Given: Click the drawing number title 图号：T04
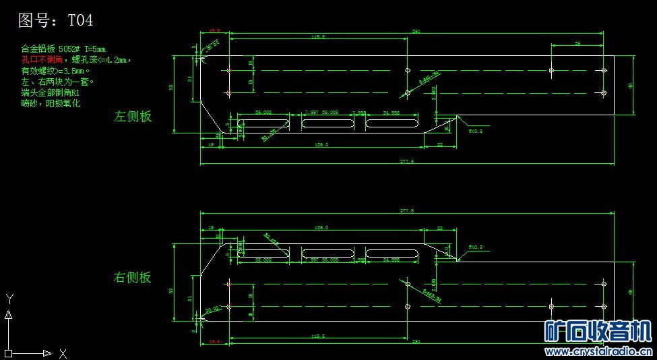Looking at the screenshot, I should tap(55, 21).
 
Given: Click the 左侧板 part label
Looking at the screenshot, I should tap(133, 116).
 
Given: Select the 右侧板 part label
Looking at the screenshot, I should tap(133, 277).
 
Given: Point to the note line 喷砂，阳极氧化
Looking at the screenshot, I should tap(51, 103).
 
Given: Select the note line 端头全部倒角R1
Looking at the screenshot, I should tap(51, 92).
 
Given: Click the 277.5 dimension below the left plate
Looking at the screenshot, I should tap(407, 162).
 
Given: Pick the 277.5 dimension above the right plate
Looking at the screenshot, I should tap(407, 211).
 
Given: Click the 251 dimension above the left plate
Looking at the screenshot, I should tap(416, 32).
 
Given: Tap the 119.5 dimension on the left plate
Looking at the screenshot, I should tap(319, 38).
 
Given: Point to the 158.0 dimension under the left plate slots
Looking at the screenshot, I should tap(321, 145).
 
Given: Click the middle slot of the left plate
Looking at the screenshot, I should tap(327, 124).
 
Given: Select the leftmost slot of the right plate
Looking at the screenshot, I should tap(264, 253).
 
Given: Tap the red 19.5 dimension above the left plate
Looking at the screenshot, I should tap(215, 31).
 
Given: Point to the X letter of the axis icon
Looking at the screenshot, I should tap(63, 353).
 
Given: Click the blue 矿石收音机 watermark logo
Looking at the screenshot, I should tap(598, 332).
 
